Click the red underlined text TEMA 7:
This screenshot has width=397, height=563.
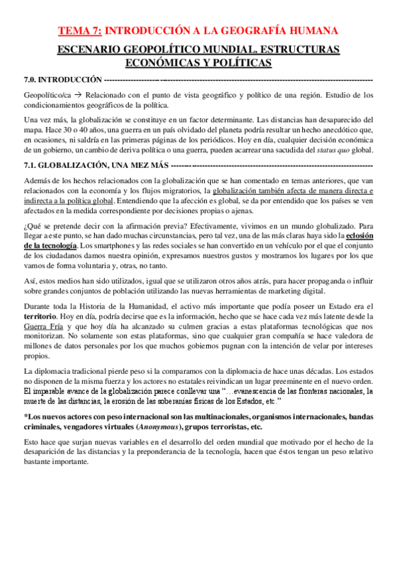click(80, 30)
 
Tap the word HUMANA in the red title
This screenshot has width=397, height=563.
click(314, 30)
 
